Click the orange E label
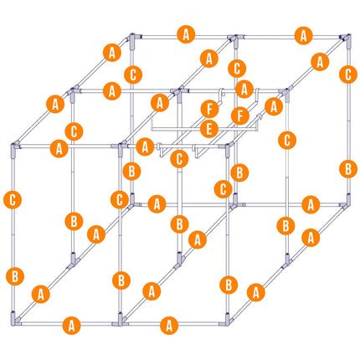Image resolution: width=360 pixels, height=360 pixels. pos(209,129)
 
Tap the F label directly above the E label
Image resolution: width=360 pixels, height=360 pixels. pos(209,110)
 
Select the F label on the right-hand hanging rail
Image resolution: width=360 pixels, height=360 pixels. pos(240,116)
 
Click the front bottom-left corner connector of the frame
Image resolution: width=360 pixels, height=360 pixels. pos(14,319)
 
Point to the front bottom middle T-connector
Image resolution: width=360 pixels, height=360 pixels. pos(121,320)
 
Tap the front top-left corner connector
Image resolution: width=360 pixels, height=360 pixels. pos(14,148)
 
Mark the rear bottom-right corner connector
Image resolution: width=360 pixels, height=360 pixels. pos(347,202)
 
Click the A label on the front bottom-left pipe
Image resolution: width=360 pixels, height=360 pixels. pos(72,326)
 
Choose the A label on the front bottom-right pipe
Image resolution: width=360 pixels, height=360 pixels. pos(169,326)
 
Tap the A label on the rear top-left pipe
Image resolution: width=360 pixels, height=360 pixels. pos(186,34)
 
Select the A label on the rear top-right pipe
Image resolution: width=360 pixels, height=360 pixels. pos(303,36)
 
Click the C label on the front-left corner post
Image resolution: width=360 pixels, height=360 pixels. pos(13,200)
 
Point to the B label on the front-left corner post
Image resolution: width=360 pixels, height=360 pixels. pos(15,276)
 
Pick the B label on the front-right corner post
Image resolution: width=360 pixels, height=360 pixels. pos(229,285)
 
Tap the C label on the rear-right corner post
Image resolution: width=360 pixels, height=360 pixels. pos(348,75)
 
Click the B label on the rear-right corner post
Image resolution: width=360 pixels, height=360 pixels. pos(348,169)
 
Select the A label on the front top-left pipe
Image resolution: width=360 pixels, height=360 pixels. pos(59,148)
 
